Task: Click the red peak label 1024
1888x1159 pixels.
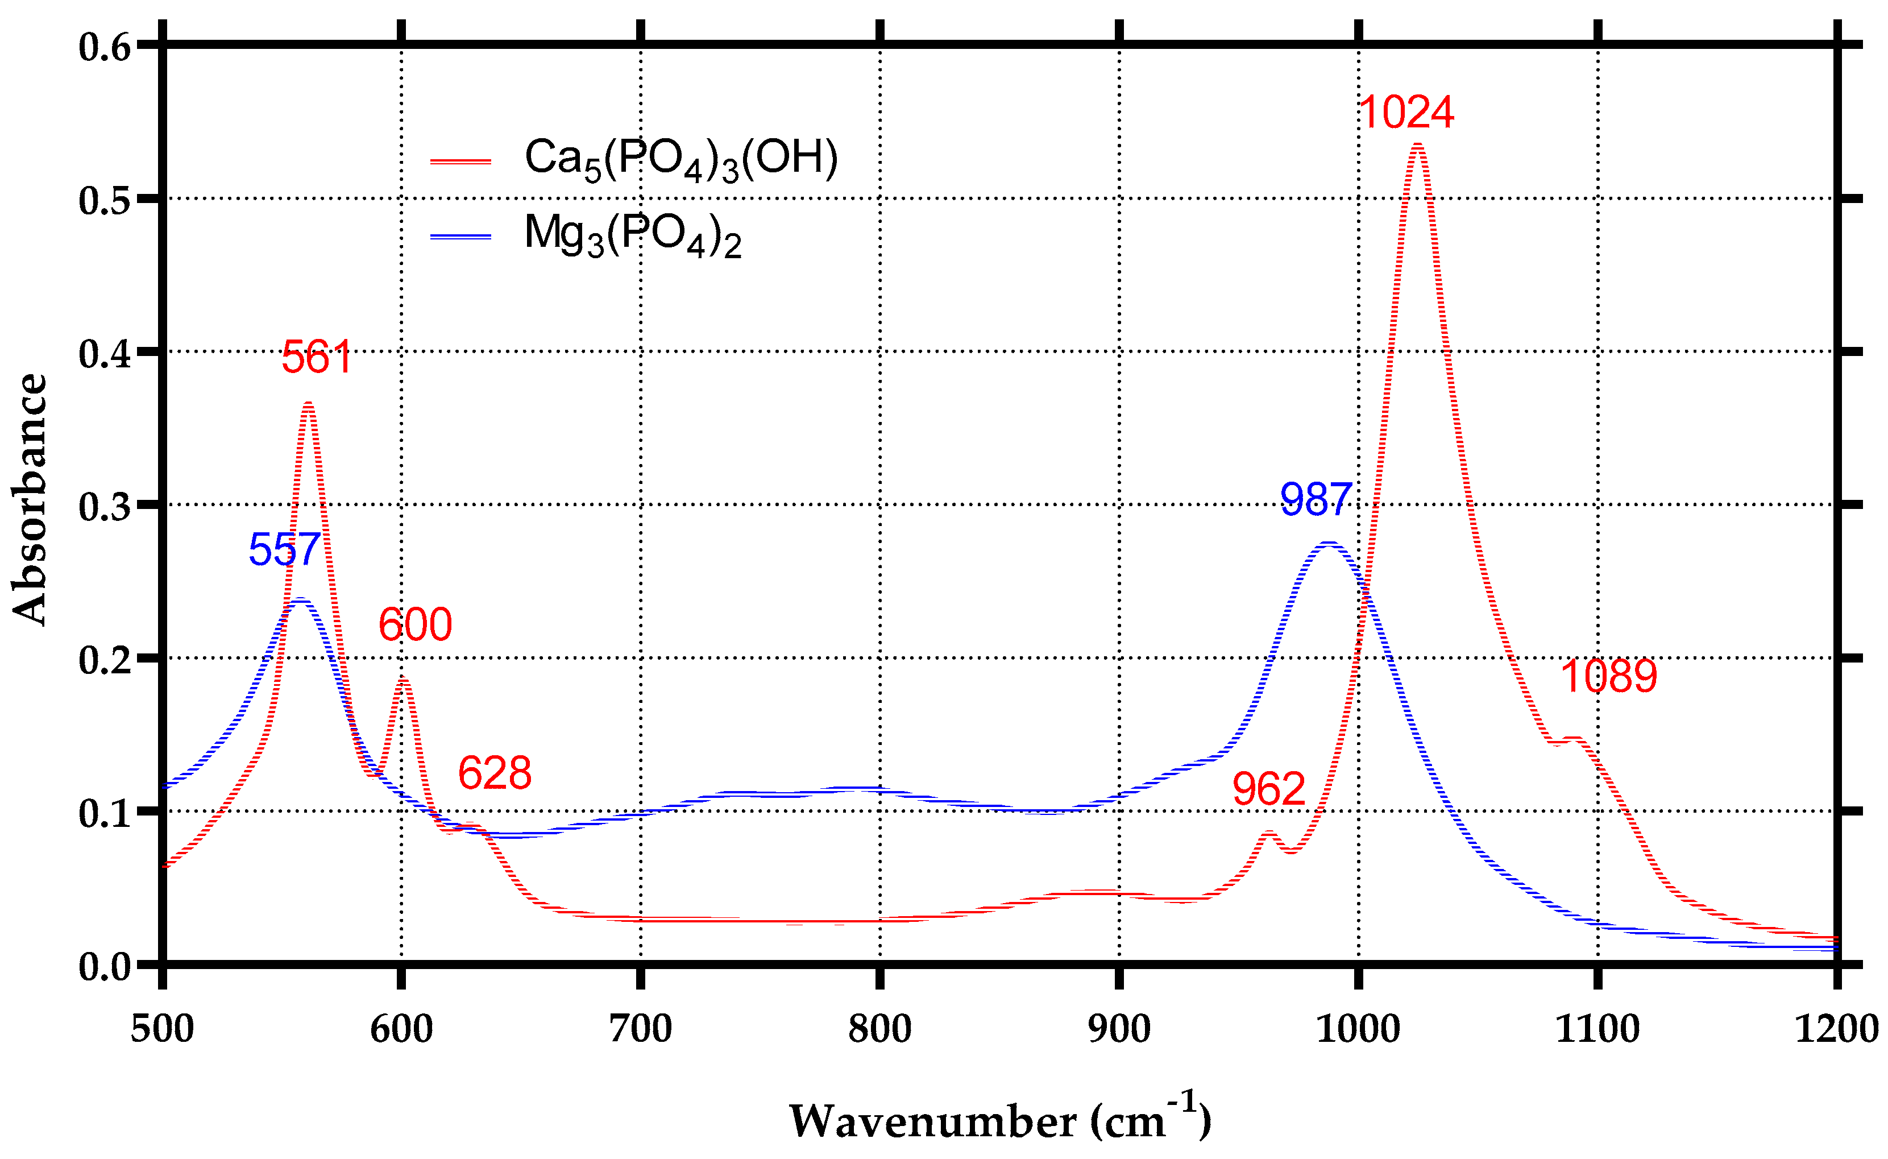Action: (x=1406, y=113)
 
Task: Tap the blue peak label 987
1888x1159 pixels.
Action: (x=1316, y=500)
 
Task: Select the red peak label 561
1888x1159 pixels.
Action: (x=317, y=358)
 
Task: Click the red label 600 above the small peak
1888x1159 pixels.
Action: (x=416, y=625)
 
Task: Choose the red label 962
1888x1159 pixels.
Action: (x=1269, y=789)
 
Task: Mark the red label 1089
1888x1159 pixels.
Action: (x=1608, y=677)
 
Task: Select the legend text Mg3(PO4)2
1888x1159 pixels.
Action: (x=633, y=234)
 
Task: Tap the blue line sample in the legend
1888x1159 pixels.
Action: (x=460, y=237)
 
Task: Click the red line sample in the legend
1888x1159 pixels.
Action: (x=460, y=162)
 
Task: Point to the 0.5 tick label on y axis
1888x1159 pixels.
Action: (x=106, y=201)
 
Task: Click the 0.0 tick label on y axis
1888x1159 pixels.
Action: (x=106, y=967)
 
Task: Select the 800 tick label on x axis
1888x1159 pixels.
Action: (x=879, y=1029)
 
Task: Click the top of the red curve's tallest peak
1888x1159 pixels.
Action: (x=1417, y=145)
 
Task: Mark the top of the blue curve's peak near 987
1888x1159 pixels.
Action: (x=1328, y=544)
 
